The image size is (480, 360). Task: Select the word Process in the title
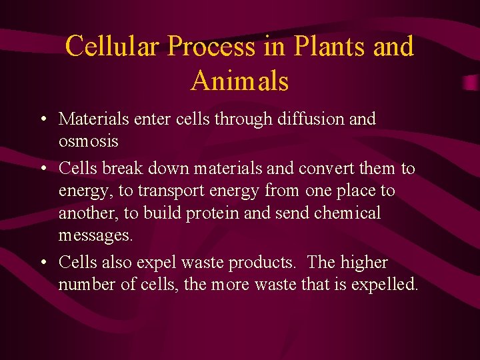point(211,47)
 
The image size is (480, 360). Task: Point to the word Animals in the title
point(239,81)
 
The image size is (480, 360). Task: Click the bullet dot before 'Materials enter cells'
point(42,120)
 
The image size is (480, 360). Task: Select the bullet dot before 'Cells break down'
point(42,169)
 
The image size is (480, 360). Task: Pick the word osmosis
point(88,142)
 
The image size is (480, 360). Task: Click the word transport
point(172,191)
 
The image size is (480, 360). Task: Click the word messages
point(96,236)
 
